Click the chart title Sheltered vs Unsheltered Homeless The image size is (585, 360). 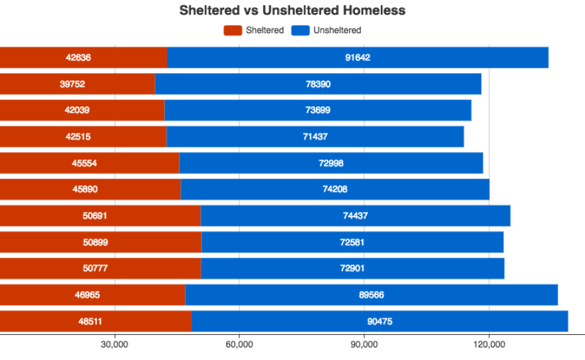(x=292, y=11)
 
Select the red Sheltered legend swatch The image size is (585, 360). (x=233, y=30)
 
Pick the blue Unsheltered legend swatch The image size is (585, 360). (x=300, y=30)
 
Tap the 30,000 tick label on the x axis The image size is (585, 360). (x=114, y=345)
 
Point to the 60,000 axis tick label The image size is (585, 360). (x=239, y=345)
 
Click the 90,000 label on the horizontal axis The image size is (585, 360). (x=364, y=345)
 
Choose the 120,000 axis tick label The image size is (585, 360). (x=489, y=345)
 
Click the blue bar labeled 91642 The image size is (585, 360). (x=358, y=58)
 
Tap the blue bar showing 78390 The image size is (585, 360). (x=318, y=84)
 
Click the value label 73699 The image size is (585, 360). (x=318, y=110)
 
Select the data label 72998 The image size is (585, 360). (x=331, y=163)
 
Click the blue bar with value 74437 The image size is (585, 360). (x=355, y=216)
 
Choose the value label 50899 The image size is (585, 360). (x=95, y=242)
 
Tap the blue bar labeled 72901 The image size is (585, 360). (x=352, y=268)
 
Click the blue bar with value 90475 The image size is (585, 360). (x=380, y=321)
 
